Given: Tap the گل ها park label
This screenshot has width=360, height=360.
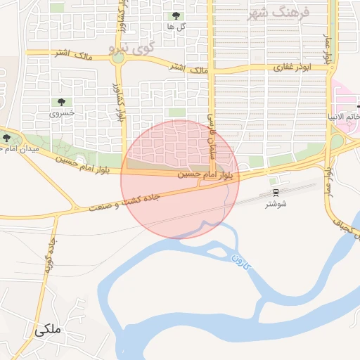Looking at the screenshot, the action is point(176,26).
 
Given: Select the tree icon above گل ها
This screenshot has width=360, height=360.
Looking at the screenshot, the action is point(176,15).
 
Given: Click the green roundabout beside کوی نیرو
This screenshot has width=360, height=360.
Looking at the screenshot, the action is point(117,58).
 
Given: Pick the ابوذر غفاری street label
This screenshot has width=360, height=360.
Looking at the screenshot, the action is point(292,68).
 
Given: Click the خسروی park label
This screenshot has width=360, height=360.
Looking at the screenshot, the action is point(61,112).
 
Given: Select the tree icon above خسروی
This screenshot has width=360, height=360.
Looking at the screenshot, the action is point(61,102).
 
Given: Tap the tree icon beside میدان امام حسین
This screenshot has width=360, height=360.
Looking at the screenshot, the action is point(7,138).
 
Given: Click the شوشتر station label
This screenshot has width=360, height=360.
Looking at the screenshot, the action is point(276,205).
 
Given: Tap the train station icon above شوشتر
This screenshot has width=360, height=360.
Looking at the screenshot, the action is point(276,193).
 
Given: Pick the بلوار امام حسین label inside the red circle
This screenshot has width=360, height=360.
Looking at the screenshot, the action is point(205,173).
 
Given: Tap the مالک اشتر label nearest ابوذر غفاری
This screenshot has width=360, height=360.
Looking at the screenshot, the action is point(190,69).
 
